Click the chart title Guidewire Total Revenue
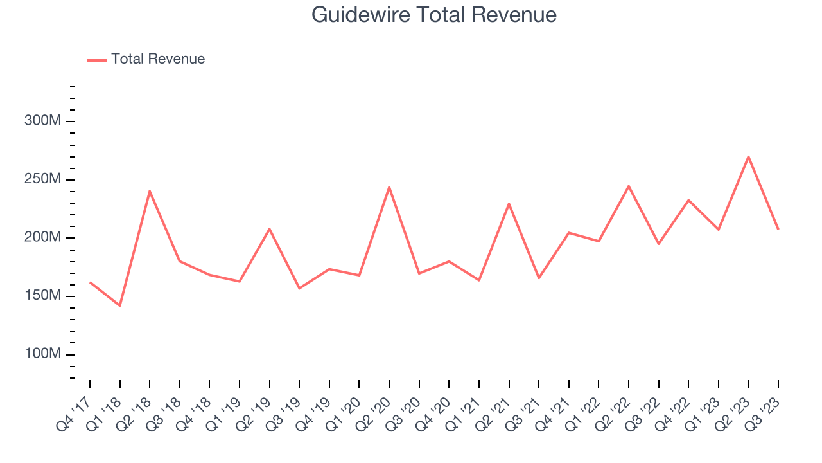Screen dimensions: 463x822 coord(433,15)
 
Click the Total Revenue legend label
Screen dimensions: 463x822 coord(158,59)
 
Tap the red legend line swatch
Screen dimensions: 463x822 coord(97,60)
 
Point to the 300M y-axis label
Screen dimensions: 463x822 coord(44,121)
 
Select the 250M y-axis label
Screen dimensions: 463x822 coord(44,179)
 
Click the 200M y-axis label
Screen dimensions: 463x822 coord(44,237)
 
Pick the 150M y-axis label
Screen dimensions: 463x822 coord(44,296)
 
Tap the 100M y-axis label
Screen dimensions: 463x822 coord(44,354)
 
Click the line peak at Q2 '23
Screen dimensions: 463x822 coord(748,156)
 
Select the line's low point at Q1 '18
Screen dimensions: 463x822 coord(120,305)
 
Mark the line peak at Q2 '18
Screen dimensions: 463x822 coord(150,191)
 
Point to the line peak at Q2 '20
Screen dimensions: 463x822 coord(389,187)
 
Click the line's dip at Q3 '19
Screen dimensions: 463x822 coord(299,288)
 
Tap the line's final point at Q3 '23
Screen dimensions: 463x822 coord(778,230)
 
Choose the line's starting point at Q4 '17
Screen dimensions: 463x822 coord(90,282)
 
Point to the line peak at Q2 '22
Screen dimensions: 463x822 coord(629,186)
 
